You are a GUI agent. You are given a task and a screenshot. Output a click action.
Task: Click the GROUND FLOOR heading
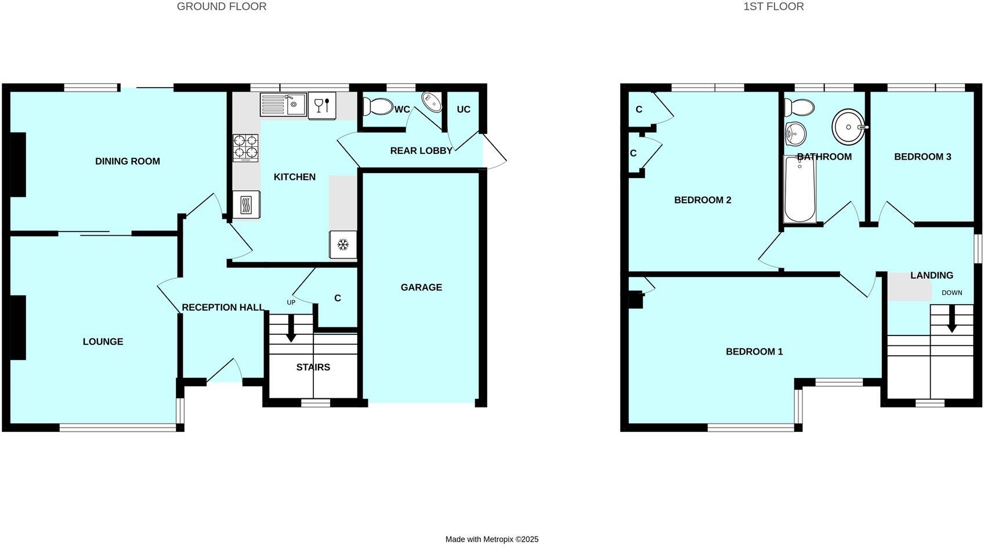(x=222, y=7)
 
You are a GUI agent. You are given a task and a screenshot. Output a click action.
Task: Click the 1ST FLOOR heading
(x=773, y=7)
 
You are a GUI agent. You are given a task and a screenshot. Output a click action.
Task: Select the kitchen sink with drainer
(x=283, y=104)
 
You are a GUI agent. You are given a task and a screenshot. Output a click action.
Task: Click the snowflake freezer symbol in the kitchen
(x=343, y=244)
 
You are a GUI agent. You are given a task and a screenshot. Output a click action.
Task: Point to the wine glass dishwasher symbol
(x=321, y=106)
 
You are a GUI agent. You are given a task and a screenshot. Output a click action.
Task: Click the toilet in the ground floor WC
(x=378, y=106)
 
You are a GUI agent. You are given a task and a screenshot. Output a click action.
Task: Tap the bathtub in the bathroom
(x=799, y=189)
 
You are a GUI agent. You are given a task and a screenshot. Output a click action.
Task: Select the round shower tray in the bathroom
(x=849, y=127)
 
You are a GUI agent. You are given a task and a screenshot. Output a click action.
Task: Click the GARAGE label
(x=421, y=287)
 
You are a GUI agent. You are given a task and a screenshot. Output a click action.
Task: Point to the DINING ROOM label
(x=128, y=161)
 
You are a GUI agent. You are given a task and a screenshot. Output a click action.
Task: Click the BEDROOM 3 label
(x=923, y=157)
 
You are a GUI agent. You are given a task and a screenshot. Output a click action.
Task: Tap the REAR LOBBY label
(x=421, y=151)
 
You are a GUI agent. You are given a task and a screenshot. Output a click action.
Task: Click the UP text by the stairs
(x=291, y=302)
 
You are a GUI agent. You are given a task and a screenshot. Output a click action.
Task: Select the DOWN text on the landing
(x=952, y=293)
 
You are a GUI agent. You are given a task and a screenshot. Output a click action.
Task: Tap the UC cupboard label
(x=463, y=110)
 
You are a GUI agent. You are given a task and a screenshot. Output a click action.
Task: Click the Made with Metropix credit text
(x=492, y=539)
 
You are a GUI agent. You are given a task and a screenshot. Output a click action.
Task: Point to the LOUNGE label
(x=103, y=342)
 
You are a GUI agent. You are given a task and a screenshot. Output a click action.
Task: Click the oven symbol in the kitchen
(x=246, y=205)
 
